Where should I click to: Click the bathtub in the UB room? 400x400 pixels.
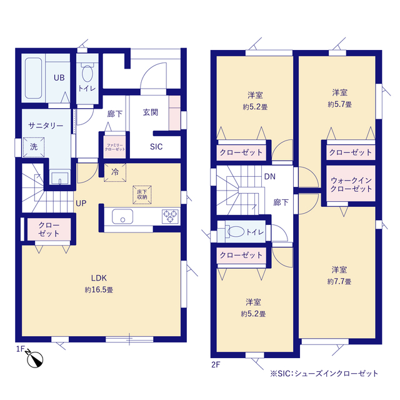[x=34, y=77]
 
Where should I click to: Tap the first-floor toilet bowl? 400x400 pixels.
[x=87, y=73]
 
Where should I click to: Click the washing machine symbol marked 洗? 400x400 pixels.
[x=34, y=147]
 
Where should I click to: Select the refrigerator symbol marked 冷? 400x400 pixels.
[x=115, y=172]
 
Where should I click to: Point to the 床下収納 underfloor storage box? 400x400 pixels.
[x=142, y=195]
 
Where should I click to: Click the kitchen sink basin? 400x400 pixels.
[x=122, y=217]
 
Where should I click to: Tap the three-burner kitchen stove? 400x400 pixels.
[x=170, y=216]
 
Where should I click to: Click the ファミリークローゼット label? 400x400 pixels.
[x=115, y=147]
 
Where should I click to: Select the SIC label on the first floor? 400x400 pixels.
[x=156, y=147]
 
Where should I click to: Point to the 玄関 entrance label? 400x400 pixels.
[x=151, y=112]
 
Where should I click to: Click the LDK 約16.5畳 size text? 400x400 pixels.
[x=99, y=290]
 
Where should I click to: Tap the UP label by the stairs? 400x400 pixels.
[x=81, y=203]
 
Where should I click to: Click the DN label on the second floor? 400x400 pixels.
[x=270, y=176]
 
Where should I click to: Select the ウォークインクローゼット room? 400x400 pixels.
[x=351, y=183]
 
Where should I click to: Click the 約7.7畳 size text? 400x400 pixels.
[x=339, y=281]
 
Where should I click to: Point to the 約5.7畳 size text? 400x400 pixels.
[x=340, y=104]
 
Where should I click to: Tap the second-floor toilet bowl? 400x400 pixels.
[x=236, y=232]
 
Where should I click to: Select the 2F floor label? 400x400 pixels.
[x=216, y=365]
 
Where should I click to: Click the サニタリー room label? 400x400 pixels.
[x=46, y=126]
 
